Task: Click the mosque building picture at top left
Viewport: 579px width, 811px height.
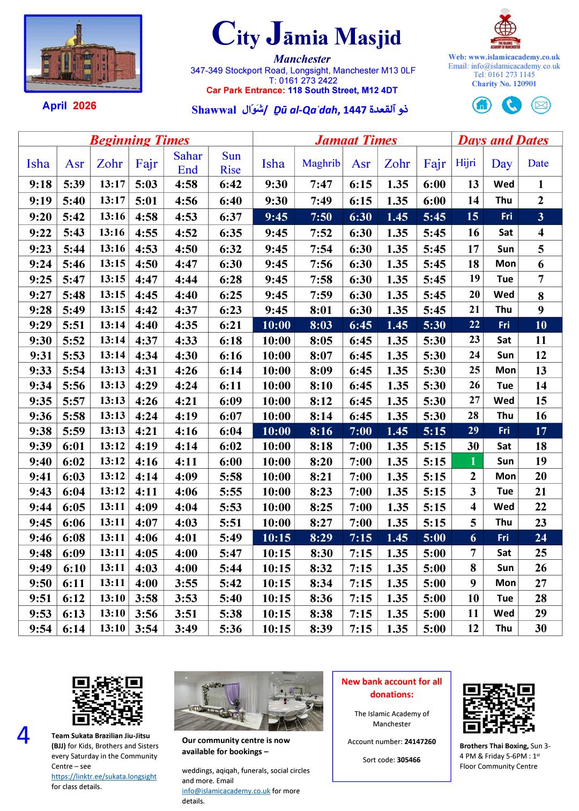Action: [x=83, y=54]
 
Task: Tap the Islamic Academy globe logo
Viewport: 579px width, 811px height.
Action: [x=504, y=29]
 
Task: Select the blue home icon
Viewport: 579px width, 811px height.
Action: [x=482, y=105]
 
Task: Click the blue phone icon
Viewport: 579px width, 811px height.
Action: [x=511, y=105]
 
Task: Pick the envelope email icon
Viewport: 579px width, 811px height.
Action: [x=541, y=105]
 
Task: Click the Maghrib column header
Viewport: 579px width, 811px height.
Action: [x=321, y=163]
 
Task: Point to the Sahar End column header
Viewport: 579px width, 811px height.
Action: [x=188, y=163]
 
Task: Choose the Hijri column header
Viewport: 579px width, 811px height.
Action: [x=465, y=163]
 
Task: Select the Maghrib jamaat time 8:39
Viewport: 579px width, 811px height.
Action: [x=321, y=629]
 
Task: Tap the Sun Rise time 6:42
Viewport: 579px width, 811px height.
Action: [x=231, y=185]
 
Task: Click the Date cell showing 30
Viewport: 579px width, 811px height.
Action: [x=540, y=629]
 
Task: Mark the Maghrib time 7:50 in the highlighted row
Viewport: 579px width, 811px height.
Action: [x=321, y=217]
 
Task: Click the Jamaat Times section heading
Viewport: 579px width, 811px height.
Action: [x=356, y=140]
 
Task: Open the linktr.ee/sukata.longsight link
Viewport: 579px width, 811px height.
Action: [x=104, y=776]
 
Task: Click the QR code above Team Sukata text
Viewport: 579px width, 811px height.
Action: [x=107, y=701]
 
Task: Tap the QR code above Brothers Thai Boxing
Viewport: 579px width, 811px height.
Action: [x=499, y=708]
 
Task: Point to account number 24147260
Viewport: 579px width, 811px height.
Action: [x=420, y=742]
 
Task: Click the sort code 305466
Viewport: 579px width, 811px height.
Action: [x=409, y=760]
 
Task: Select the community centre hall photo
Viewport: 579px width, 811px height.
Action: [x=248, y=701]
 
